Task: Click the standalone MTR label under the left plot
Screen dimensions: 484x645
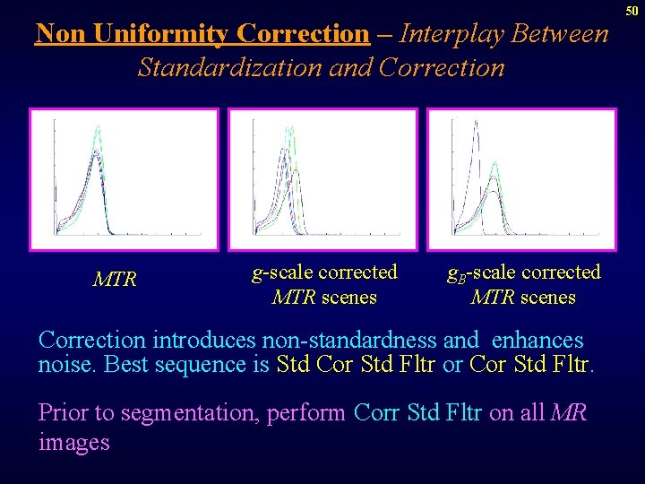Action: click(116, 280)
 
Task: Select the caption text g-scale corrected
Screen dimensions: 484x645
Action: click(324, 272)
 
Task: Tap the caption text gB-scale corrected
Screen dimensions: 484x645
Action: click(524, 272)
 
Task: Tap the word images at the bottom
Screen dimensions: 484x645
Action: click(73, 442)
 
